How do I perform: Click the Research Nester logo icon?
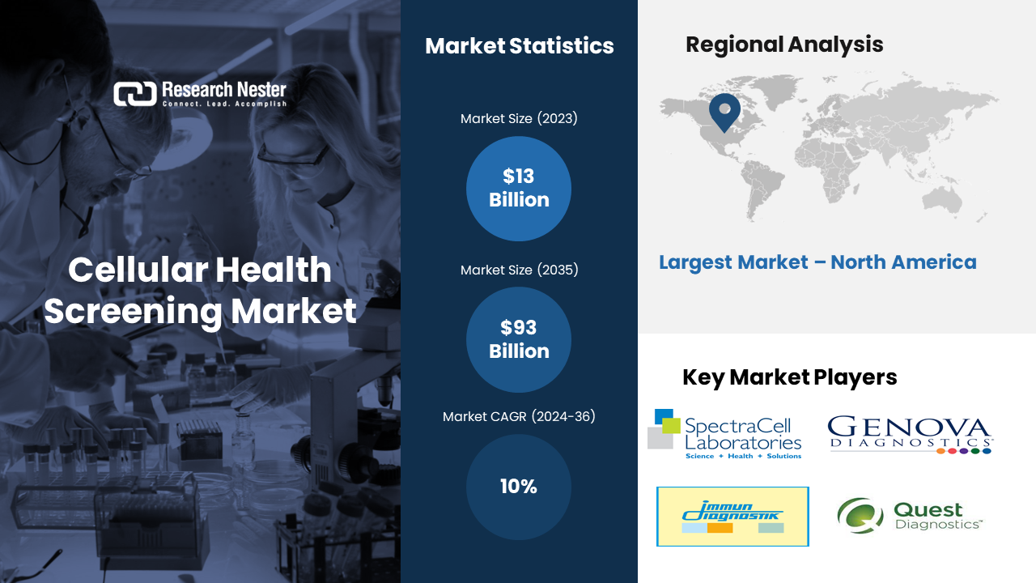[135, 94]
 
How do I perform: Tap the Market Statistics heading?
[520, 46]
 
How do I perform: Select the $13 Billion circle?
[519, 189]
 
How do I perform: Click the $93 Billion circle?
[519, 339]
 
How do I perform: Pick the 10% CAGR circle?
[519, 487]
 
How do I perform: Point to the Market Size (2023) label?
[519, 118]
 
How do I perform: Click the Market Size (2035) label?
[519, 270]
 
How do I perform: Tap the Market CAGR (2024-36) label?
[519, 416]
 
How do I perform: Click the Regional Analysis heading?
[784, 45]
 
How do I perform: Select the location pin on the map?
[724, 113]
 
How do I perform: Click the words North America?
[904, 262]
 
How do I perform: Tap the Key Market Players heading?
[789, 377]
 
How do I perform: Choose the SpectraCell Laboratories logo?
[724, 434]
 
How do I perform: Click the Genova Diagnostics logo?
[910, 435]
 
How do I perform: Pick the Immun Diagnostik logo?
[732, 517]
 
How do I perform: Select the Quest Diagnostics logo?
[910, 516]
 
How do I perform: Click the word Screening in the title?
[134, 312]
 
